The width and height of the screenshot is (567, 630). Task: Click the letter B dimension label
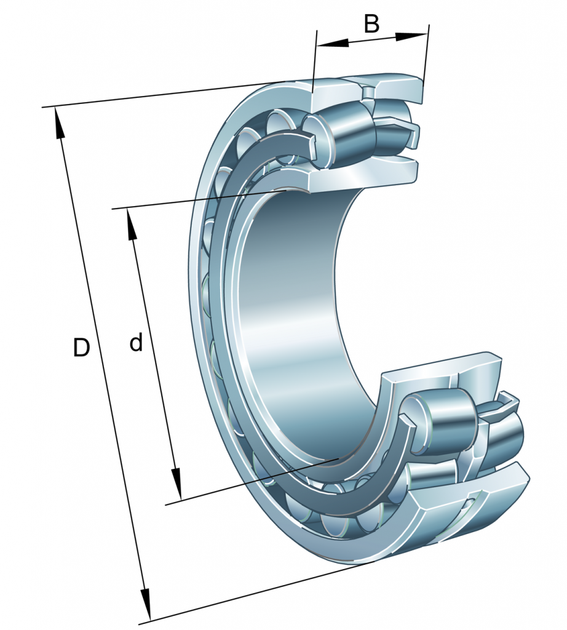[371, 24]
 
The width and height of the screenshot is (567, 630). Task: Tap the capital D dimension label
[81, 348]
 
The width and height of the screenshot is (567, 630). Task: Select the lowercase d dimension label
[136, 343]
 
